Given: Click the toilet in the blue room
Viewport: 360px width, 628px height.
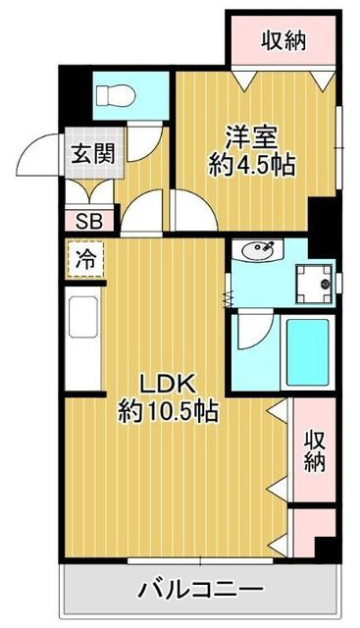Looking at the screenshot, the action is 115,96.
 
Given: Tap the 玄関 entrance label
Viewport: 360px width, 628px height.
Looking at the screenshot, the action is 93,153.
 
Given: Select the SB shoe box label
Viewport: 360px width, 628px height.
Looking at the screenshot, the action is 89,221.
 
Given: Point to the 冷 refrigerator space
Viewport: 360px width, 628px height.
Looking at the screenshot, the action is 85,259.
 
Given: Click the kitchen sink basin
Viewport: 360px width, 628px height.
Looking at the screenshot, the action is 83,317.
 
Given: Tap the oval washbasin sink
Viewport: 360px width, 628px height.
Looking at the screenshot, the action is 257,251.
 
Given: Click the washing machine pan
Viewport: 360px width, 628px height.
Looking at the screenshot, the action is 314,284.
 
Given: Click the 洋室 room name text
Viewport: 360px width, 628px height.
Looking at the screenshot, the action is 251,137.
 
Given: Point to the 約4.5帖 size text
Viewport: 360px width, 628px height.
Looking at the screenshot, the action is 251,165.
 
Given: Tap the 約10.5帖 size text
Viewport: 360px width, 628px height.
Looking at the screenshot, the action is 168,411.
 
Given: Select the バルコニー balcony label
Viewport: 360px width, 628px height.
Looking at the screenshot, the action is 201,589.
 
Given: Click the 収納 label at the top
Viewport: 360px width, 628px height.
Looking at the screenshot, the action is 283,40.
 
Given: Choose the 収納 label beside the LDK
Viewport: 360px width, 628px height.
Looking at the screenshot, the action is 314,451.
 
